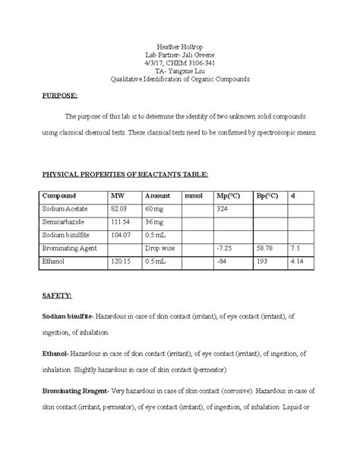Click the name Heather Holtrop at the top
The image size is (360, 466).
pos(179,46)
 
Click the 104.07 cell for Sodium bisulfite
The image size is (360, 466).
pos(121,234)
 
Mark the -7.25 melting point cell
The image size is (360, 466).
pos(225,248)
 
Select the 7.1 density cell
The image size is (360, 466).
pos(296,248)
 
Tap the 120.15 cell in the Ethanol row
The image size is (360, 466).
pos(121,262)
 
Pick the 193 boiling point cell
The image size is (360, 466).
pos(261,262)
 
